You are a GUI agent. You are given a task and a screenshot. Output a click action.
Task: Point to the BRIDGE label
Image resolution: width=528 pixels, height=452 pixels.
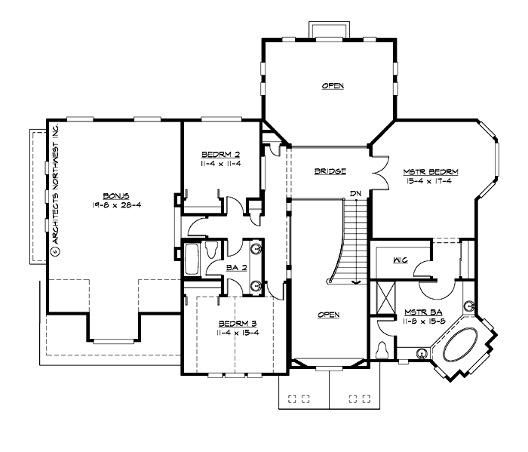click(x=330, y=171)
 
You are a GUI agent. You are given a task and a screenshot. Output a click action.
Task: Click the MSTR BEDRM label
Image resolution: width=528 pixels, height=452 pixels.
click(x=430, y=172)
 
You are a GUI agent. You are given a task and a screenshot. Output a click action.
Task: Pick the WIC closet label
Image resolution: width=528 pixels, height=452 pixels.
click(x=401, y=260)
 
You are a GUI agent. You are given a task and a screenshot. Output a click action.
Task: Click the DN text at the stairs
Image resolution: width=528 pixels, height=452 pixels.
click(x=356, y=194)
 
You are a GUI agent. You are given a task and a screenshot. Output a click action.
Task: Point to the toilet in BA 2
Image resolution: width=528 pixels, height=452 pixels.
click(x=211, y=247)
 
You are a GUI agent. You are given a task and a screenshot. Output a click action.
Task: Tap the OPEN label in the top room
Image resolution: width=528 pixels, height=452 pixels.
click(x=333, y=86)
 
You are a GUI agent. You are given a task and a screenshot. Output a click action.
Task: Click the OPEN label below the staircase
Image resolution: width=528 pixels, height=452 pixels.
click(x=328, y=315)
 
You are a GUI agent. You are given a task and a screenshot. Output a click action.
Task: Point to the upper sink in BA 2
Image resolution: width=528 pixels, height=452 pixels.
click(x=255, y=248)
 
